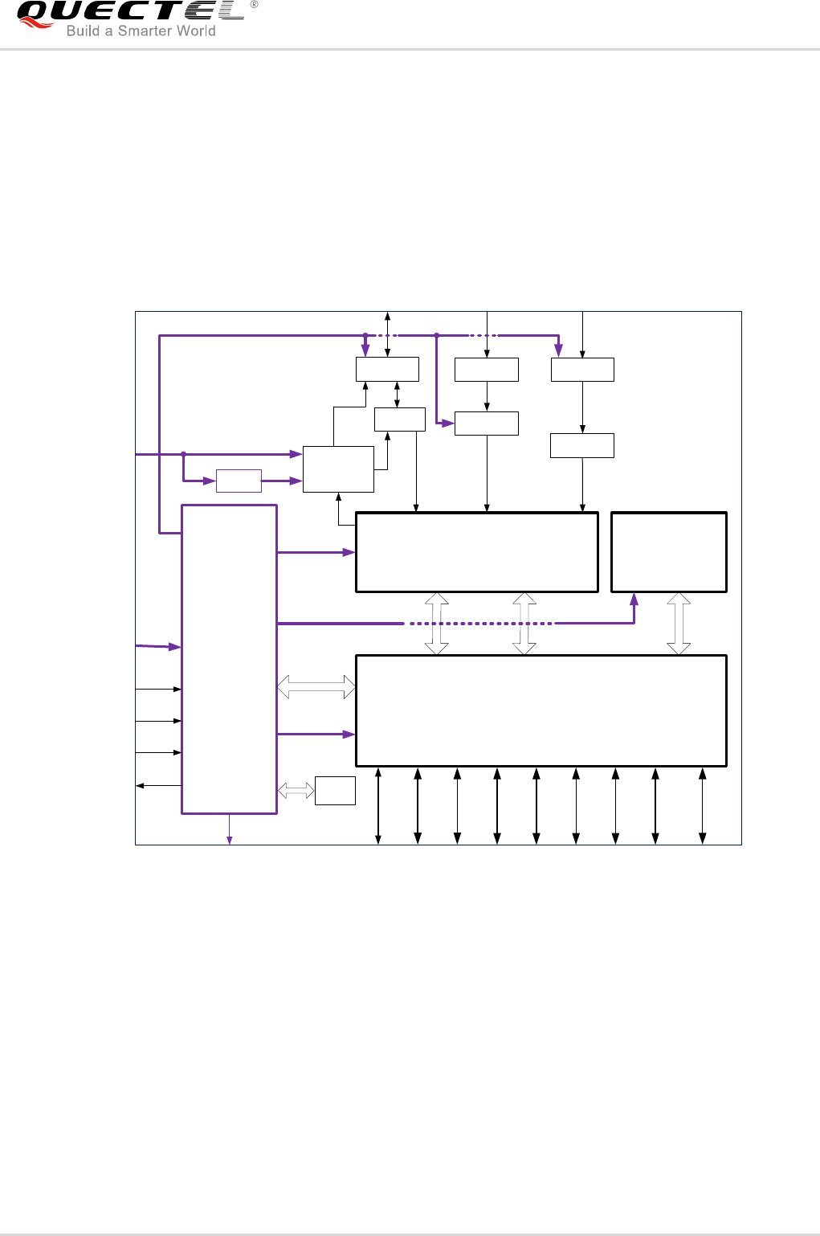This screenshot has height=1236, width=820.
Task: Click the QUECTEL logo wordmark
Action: pos(131,11)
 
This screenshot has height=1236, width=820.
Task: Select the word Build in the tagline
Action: pos(83,31)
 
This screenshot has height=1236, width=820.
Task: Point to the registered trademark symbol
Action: pos(255,4)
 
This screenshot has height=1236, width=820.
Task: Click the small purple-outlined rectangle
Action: pos(239,481)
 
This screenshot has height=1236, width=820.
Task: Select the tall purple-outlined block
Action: pos(230,659)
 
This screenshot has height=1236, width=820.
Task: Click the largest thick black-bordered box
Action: pos(541,710)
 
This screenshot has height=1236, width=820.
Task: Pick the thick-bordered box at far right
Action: pos(669,552)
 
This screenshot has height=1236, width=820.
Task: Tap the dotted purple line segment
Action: pos(480,624)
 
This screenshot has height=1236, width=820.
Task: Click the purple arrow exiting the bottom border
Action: pos(230,829)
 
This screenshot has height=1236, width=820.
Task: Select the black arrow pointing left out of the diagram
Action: pos(159,785)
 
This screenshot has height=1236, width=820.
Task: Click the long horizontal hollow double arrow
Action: pos(316,686)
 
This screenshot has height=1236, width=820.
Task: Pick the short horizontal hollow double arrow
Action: pos(296,791)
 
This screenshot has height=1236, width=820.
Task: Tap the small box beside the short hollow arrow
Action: pos(335,791)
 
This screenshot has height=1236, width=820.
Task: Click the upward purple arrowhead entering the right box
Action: pos(634,600)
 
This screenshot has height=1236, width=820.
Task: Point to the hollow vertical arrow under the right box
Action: pos(679,624)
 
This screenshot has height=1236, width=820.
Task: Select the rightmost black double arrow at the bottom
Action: pos(703,805)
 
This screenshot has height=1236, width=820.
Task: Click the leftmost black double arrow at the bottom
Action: pos(378,805)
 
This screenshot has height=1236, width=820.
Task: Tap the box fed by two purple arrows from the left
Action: pos(339,469)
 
